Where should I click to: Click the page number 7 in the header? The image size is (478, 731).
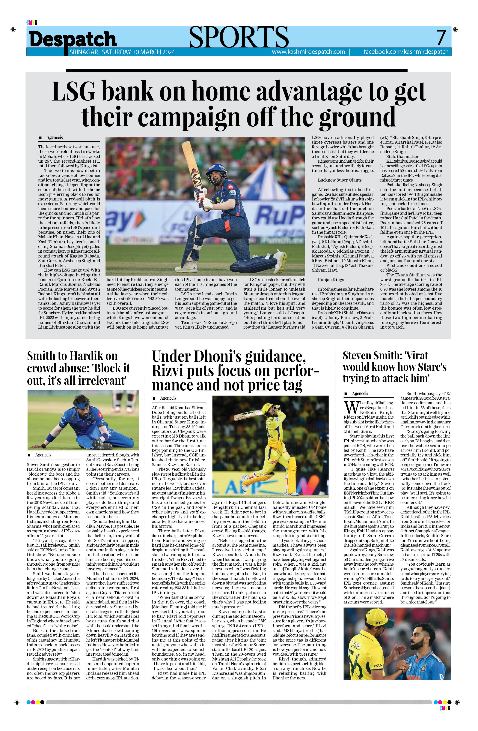[x=441, y=37]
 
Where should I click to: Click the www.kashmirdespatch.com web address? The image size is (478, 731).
[x=308, y=52]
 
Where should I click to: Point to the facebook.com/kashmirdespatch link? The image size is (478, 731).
[x=406, y=52]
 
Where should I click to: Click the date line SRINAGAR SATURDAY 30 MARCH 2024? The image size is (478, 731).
[x=122, y=52]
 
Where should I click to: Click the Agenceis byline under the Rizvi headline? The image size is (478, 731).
[x=168, y=398]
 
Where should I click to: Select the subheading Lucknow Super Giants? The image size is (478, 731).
[x=340, y=180]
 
